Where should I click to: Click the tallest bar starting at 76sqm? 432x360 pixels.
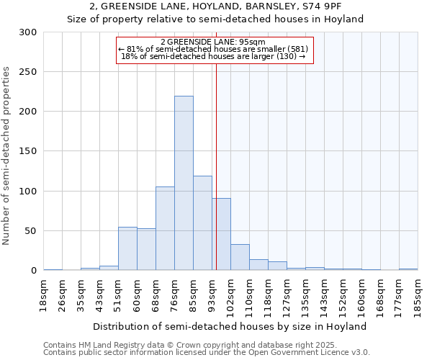click(184, 184)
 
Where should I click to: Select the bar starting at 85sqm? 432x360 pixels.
click(202, 223)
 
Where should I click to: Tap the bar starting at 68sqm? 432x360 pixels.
click(165, 228)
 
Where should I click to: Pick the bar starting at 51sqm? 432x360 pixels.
click(127, 248)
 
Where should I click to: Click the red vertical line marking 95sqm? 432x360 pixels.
click(216, 144)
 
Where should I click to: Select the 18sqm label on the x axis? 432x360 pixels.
click(43, 294)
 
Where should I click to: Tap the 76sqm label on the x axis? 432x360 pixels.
click(174, 294)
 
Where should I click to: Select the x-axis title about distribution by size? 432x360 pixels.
click(230, 326)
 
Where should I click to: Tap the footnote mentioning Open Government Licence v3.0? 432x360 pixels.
click(207, 352)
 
